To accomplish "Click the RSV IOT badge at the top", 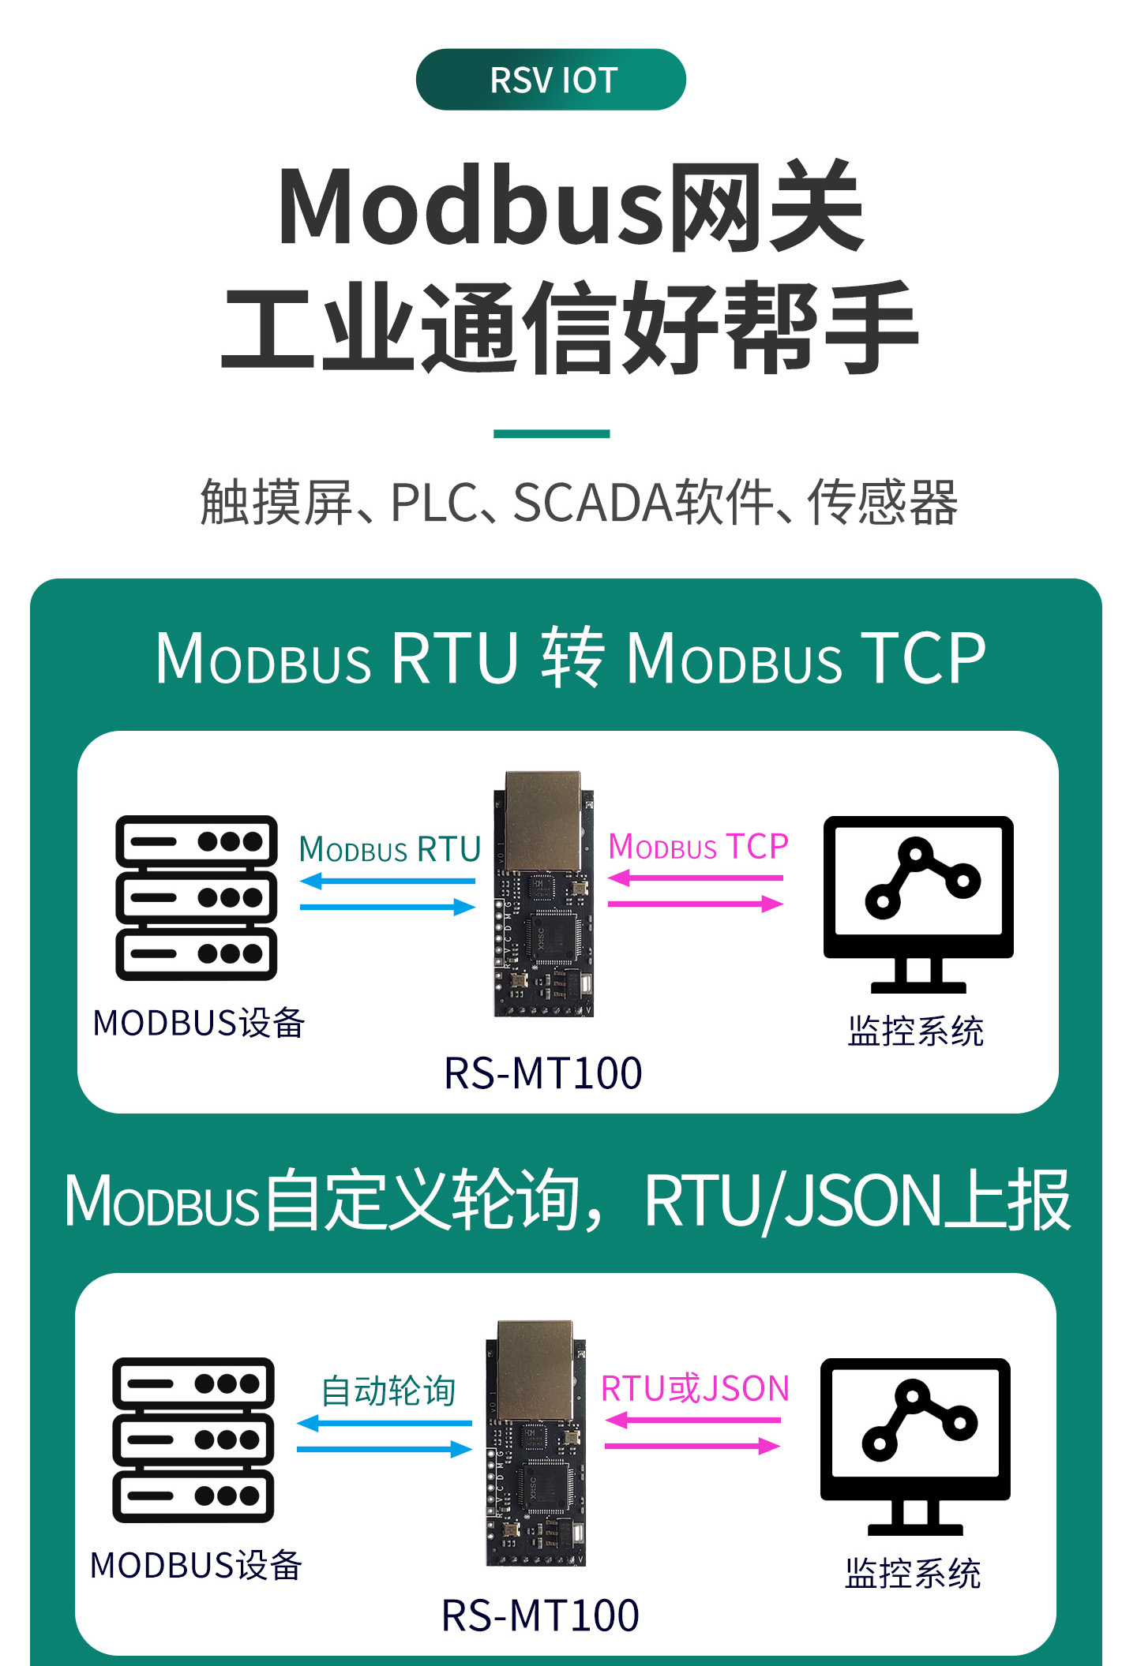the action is coord(550,80).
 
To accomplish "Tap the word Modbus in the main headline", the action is coord(472,207).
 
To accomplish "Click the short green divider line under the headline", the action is coord(551,433).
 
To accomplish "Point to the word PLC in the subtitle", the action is coord(434,503).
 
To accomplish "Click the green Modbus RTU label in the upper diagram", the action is coord(390,849).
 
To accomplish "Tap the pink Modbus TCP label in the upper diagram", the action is coord(698,847).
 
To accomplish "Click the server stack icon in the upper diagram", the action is coord(197,898).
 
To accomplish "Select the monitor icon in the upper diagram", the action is coord(918,904).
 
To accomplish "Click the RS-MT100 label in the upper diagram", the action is coord(543,1073).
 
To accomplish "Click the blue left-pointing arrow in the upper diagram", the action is coord(388,881).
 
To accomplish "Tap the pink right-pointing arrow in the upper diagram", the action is coord(696,904).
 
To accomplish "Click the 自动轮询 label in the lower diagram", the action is coord(388,1391).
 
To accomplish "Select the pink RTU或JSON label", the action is coord(695,1389).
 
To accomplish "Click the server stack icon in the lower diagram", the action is coord(193,1440).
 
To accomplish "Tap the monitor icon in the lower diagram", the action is coord(915,1447).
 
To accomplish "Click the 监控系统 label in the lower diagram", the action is coord(913,1574).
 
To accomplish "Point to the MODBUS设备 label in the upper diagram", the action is coord(199,1023).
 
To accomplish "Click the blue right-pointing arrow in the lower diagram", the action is coord(385,1449).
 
